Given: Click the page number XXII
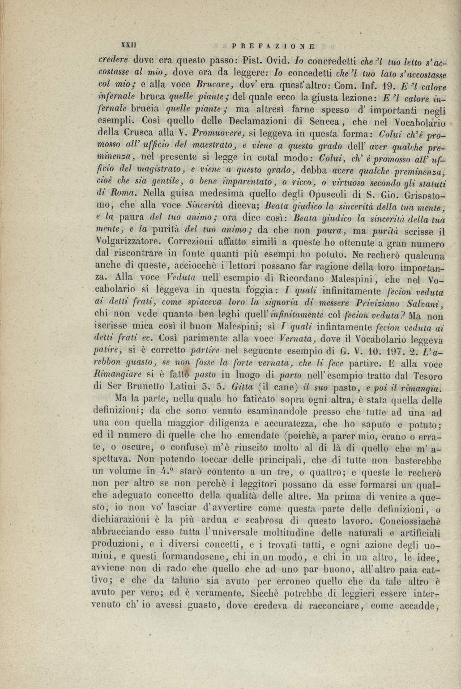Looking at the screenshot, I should (x=129, y=45).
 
